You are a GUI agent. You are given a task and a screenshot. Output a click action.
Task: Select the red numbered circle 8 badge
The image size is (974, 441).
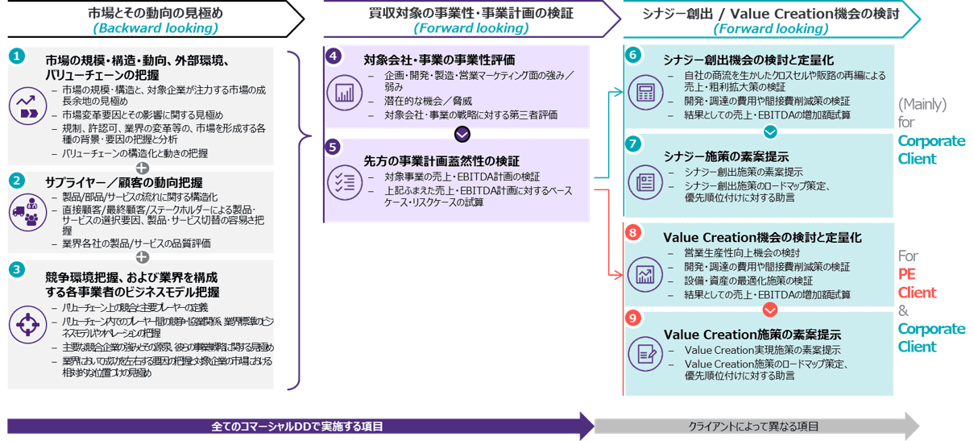(x=633, y=232)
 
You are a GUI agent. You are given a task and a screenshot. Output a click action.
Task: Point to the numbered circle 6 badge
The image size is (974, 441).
(x=633, y=55)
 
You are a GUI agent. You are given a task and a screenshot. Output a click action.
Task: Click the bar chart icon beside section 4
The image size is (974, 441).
(x=345, y=93)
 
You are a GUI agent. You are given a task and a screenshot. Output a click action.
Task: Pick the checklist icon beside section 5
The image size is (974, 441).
(x=345, y=182)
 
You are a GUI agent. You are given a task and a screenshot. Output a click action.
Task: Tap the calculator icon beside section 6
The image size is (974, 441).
(x=645, y=92)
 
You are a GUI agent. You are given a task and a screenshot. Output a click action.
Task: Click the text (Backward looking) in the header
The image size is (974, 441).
(x=155, y=28)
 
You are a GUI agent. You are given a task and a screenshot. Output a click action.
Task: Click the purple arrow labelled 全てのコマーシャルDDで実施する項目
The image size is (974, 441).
(x=298, y=425)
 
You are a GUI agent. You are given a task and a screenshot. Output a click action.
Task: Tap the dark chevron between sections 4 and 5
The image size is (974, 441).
(x=462, y=133)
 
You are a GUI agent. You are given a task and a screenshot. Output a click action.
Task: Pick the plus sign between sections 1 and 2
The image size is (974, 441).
(x=143, y=168)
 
